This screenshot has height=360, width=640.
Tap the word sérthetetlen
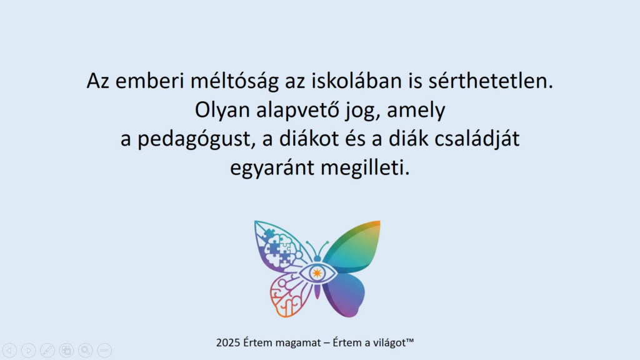pyautogui.click(x=491, y=81)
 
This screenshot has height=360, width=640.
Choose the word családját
pyautogui.click(x=477, y=139)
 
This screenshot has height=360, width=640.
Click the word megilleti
pyautogui.click(x=365, y=168)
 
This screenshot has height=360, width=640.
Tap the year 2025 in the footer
pyautogui.click(x=227, y=343)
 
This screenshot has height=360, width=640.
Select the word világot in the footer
pyautogui.click(x=389, y=343)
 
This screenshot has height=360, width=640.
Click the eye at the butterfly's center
pyautogui.click(x=317, y=273)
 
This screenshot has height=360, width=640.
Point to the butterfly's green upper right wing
pyautogui.click(x=354, y=246)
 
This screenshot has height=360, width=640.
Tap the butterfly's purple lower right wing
pyautogui.click(x=344, y=294)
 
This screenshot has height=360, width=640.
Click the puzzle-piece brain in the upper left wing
pyautogui.click(x=278, y=247)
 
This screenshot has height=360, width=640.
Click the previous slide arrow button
pyautogui.click(x=9, y=351)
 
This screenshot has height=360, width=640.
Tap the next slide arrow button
pyautogui.click(x=29, y=351)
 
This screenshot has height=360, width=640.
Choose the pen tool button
pyautogui.click(x=47, y=351)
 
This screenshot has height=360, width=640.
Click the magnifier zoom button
pyautogui.click(x=85, y=351)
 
